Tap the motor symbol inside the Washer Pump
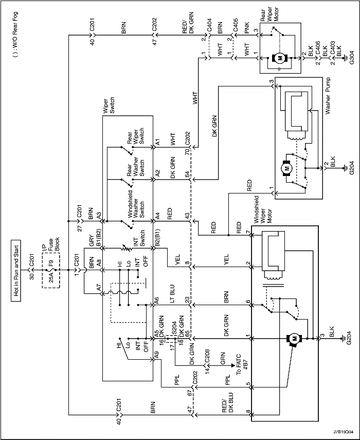point(286,168)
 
